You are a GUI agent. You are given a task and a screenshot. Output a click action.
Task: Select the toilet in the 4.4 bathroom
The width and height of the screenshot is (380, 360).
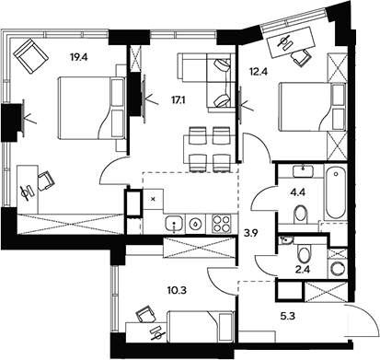pyautogui.click(x=301, y=214)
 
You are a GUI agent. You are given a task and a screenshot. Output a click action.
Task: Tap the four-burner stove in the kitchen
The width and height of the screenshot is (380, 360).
pyautogui.click(x=221, y=222)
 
